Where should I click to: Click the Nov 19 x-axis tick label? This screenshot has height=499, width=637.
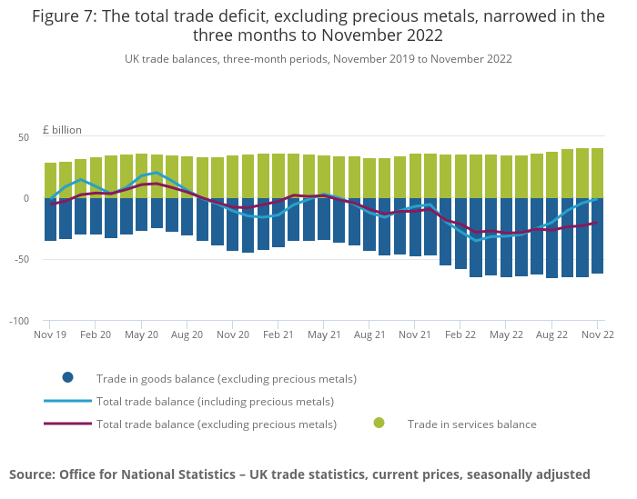click(49, 334)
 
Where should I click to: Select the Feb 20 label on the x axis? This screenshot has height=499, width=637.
click(96, 334)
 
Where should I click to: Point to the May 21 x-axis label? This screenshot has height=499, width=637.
click(323, 334)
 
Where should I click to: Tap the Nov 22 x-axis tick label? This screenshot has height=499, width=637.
click(597, 334)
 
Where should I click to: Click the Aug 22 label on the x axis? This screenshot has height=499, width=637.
click(551, 334)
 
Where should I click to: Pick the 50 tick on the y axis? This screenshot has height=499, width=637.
click(24, 137)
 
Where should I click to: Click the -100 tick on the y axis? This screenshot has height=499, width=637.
click(20, 321)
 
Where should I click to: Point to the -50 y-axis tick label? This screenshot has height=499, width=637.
click(22, 259)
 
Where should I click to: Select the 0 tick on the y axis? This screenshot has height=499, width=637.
click(26, 198)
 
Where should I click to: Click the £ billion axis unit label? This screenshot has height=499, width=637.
click(63, 130)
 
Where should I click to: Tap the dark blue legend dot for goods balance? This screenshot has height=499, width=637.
click(67, 378)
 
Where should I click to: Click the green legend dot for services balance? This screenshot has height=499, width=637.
click(379, 423)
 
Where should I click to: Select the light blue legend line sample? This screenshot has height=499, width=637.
click(67, 401)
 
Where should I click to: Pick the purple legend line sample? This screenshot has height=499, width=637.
click(67, 424)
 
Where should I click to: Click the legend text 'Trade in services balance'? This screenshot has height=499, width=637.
click(471, 424)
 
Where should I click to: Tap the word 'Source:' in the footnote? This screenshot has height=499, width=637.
click(32, 474)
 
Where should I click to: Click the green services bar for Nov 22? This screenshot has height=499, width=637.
click(597, 173)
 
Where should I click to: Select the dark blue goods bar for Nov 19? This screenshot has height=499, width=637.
click(50, 219)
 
